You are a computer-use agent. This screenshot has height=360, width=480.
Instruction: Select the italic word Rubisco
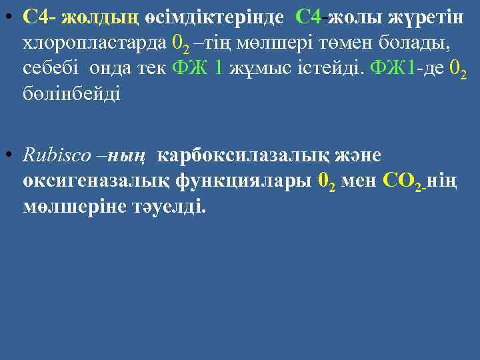click(55, 155)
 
